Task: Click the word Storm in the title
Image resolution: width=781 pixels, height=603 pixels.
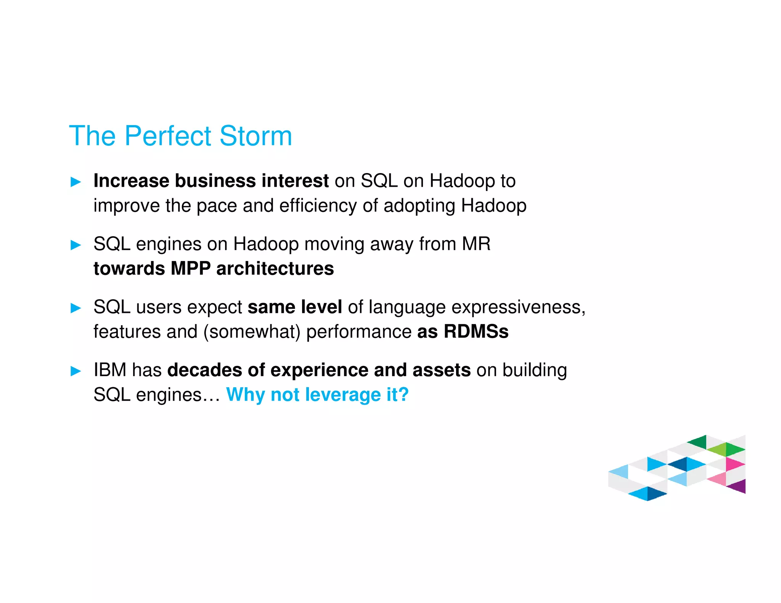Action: point(256,136)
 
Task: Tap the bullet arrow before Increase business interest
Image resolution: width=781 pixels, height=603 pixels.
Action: point(76,182)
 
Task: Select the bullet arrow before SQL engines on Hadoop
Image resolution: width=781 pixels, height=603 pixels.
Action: point(76,245)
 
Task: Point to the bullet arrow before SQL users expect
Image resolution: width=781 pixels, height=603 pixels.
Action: point(76,308)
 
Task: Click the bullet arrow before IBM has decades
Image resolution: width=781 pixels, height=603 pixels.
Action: point(76,371)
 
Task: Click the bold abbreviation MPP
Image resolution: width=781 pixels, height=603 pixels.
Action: point(190,269)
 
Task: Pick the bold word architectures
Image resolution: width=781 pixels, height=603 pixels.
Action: point(275,269)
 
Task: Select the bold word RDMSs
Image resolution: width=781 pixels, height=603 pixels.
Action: point(476,332)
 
